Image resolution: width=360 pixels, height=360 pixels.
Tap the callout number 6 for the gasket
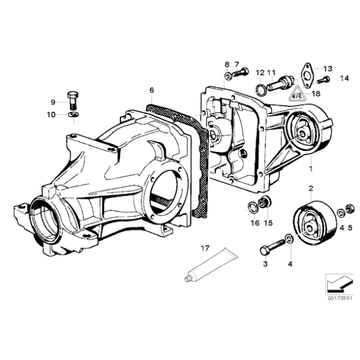[x=151, y=90]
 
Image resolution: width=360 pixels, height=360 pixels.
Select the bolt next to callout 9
[x=73, y=99]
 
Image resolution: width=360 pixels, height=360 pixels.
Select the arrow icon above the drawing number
[x=338, y=282]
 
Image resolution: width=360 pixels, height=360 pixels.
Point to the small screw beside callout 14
[x=323, y=79]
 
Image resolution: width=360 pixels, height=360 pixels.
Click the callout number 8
[x=227, y=64]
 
